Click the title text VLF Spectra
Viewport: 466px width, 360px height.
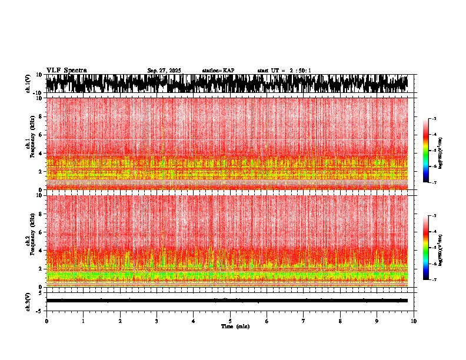click(x=66, y=71)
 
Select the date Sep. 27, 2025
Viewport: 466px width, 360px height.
click(x=164, y=71)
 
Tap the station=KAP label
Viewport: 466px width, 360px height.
click(x=218, y=71)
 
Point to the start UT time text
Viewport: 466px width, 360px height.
click(x=284, y=71)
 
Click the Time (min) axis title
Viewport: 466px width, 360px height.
click(x=235, y=326)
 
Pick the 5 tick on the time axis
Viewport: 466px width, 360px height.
click(x=230, y=321)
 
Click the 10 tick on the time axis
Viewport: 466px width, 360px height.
click(x=414, y=321)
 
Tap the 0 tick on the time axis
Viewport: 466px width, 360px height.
click(x=46, y=321)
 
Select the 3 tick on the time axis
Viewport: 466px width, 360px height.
click(x=157, y=321)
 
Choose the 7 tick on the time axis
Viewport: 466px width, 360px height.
click(x=304, y=321)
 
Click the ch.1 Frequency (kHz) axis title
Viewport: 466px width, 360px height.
click(x=30, y=144)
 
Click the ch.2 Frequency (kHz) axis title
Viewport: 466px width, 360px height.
click(x=30, y=241)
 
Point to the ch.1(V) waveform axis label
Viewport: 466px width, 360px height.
click(x=28, y=84)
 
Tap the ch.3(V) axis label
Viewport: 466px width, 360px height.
click(x=28, y=301)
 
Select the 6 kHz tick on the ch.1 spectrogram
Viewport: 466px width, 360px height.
click(x=41, y=135)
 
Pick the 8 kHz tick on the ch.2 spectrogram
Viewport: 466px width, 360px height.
click(x=41, y=214)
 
